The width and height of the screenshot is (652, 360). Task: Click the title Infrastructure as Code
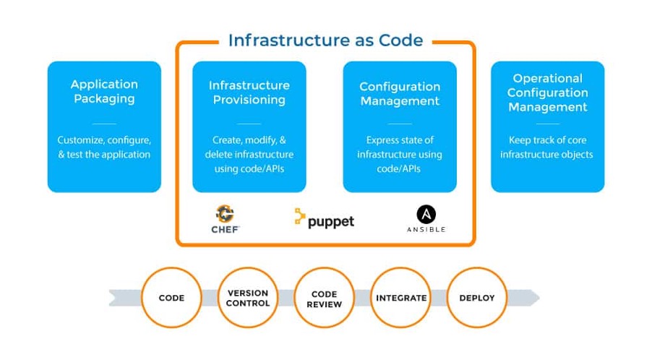click(325, 40)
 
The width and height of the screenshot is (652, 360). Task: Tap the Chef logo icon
click(225, 214)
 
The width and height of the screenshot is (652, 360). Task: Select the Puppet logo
click(325, 219)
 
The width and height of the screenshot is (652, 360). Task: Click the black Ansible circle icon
click(426, 215)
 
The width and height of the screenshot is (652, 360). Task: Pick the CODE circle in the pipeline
click(171, 298)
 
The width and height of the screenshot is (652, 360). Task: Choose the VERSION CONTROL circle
click(248, 298)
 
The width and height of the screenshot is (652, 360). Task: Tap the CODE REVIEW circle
click(325, 298)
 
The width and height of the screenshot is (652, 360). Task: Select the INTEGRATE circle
click(401, 298)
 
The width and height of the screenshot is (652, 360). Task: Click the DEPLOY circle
click(477, 298)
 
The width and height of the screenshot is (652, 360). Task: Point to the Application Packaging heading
click(104, 92)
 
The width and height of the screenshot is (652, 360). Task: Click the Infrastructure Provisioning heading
click(249, 93)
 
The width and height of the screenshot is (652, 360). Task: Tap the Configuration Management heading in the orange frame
click(400, 93)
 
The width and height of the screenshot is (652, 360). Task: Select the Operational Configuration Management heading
click(548, 93)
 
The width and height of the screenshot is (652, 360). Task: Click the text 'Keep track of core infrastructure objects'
click(547, 147)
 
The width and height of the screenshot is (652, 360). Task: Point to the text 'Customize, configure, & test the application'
click(104, 147)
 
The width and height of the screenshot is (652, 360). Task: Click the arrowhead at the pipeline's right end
click(535, 298)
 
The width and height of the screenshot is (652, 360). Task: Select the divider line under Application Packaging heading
click(104, 124)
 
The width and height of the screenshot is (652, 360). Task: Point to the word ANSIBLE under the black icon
click(426, 229)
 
